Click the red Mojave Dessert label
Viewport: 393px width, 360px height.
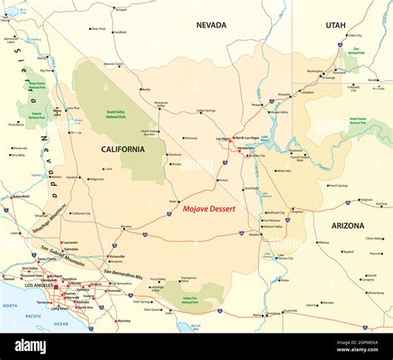(x=209, y=210)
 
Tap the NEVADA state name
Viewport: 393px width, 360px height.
(x=211, y=25)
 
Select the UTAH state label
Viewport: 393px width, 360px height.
(x=336, y=26)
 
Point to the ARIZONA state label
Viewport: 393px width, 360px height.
(x=347, y=225)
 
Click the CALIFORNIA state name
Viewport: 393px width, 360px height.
(x=123, y=149)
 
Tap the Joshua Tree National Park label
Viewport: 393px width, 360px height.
(x=190, y=300)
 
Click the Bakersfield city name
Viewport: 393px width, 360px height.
(x=21, y=197)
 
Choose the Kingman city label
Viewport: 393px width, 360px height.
(x=298, y=210)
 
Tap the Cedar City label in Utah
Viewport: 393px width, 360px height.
(x=354, y=36)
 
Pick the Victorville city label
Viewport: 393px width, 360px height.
(x=117, y=256)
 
